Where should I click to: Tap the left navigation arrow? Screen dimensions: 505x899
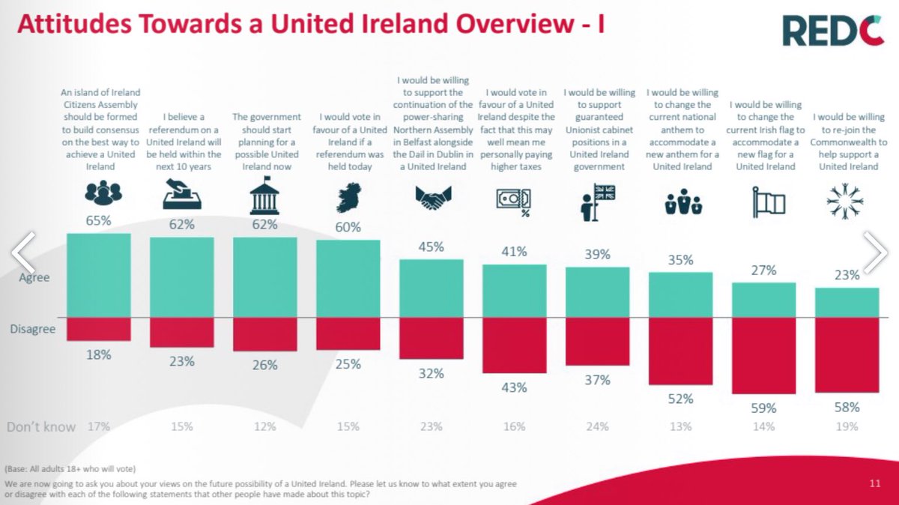[x=22, y=252]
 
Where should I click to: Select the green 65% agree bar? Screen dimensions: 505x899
[x=99, y=275]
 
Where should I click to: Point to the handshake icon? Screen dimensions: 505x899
[x=431, y=198]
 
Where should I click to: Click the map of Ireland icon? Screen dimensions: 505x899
[x=348, y=196]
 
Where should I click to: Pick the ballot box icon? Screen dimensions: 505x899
[x=182, y=197]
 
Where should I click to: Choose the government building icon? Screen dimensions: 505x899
[x=265, y=198]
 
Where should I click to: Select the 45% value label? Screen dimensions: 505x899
[x=431, y=247]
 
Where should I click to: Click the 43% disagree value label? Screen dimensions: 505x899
[x=515, y=387]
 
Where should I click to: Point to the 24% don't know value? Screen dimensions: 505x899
[x=598, y=426]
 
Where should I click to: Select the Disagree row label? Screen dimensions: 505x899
[x=33, y=328]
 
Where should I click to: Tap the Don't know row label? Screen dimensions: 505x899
[x=41, y=426]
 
